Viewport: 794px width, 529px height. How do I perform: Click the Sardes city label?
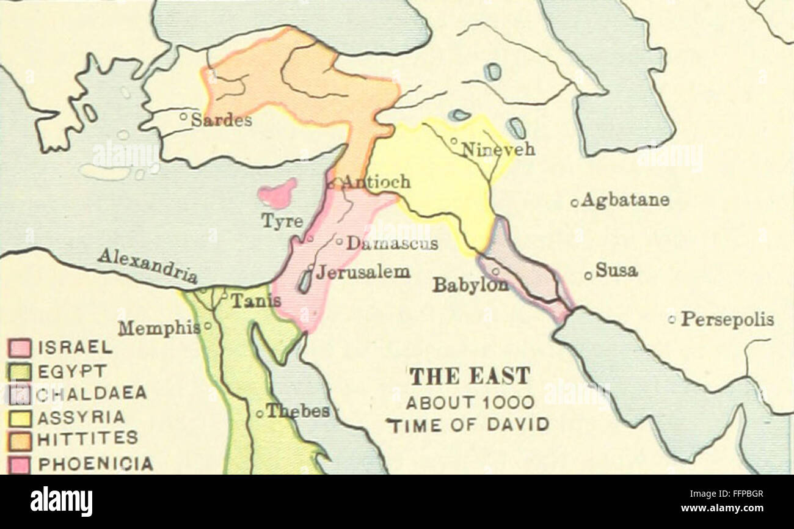coord(221,120)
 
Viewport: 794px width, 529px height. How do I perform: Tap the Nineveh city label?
coord(498,148)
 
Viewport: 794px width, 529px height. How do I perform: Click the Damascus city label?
coord(392,243)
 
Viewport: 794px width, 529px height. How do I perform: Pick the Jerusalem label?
coord(363,272)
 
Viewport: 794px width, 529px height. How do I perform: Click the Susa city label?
coord(616,270)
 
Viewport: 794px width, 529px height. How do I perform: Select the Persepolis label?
coord(727,319)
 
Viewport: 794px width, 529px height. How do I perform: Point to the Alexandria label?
coord(147,265)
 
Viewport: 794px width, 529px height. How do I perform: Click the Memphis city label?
coord(159,328)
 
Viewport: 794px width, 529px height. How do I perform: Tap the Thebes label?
coord(297,411)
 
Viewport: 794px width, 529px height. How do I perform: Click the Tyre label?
coord(282,221)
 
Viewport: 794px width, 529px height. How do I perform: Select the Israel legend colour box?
coord(19,348)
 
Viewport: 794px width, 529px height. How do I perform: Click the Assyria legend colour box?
coord(19,418)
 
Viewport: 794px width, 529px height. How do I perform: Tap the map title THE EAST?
coord(469,376)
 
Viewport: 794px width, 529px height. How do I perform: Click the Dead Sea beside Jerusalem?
coord(304,281)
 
